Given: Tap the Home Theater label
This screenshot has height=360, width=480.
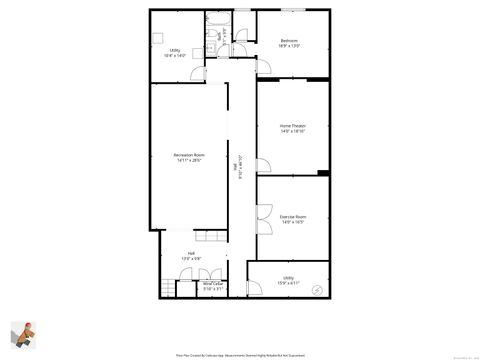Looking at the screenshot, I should point(292,127).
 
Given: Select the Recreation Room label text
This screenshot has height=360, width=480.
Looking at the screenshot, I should point(188,158).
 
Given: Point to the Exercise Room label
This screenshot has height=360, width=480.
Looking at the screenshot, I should point(292,218).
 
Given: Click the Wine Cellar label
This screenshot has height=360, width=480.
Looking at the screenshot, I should point(213,287).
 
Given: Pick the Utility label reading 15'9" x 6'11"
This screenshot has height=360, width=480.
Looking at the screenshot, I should point(288,280).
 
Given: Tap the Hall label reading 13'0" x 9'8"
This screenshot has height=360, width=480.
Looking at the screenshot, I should point(191,256).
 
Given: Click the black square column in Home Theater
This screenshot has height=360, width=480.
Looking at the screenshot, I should point(322,174).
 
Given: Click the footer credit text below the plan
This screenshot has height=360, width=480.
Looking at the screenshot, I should point(239,353).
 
